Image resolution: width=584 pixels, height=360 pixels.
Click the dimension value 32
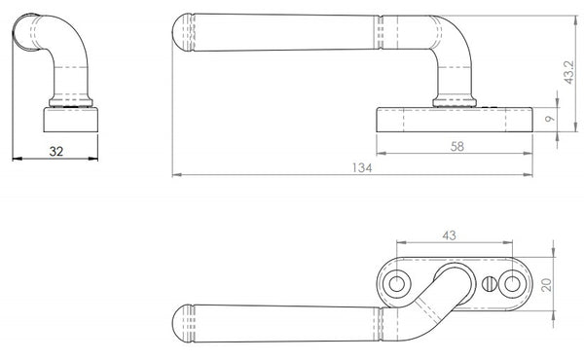coord(56,152)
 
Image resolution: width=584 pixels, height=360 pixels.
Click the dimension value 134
coord(362,168)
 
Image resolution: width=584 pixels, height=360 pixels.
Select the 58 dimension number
coord(457,146)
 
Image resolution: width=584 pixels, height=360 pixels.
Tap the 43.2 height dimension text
coord(569,72)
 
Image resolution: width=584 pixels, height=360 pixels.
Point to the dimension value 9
coord(550,119)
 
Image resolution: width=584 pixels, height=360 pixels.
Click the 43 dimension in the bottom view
coord(449,235)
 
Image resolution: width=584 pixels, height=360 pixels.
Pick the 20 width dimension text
coord(546,285)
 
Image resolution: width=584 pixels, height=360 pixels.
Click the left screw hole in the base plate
coord(397,284)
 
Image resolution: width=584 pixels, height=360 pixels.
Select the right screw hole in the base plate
coord(512,284)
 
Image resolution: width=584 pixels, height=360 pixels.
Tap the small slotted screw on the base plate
coord(489,284)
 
